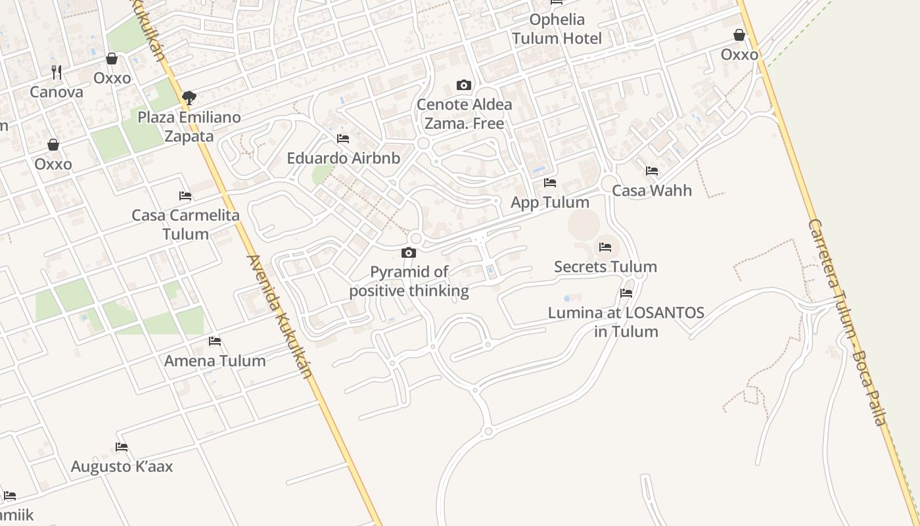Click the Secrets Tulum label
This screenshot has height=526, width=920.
click(x=605, y=266)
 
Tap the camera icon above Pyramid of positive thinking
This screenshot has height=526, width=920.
click(x=409, y=252)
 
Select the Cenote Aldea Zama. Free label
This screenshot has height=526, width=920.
click(x=464, y=114)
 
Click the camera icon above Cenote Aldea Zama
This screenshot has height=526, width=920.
click(x=464, y=85)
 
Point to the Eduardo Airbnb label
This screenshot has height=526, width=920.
click(x=343, y=158)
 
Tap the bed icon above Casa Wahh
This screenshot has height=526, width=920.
click(x=652, y=171)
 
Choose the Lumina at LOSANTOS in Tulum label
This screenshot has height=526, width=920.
click(x=626, y=322)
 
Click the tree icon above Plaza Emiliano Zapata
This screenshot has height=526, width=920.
click(x=189, y=98)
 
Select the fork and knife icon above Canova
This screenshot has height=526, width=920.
click(x=57, y=72)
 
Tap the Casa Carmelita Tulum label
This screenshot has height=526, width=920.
click(x=185, y=224)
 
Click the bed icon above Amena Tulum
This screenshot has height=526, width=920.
click(x=215, y=341)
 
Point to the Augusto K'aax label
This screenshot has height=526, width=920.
click(x=122, y=467)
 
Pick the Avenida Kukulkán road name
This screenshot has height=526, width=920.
click(x=279, y=316)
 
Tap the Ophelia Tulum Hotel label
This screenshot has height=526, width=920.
click(x=557, y=29)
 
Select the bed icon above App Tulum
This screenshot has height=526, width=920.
click(x=550, y=182)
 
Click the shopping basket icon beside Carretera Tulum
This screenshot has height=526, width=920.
click(x=739, y=35)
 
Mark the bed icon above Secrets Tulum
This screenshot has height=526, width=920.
click(x=605, y=247)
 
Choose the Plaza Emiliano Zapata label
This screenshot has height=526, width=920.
click(x=189, y=127)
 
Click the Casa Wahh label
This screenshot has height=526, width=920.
click(x=652, y=191)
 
